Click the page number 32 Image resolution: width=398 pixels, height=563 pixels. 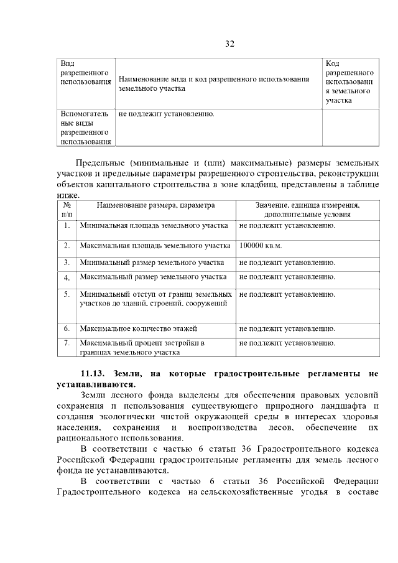pyautogui.click(x=229, y=44)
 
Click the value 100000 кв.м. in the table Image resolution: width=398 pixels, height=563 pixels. pyautogui.click(x=261, y=246)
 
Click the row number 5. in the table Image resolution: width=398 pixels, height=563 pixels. pyautogui.click(x=66, y=294)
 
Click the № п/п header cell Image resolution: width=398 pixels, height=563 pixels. pyautogui.click(x=66, y=209)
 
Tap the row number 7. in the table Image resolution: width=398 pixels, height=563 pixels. pyautogui.click(x=66, y=343)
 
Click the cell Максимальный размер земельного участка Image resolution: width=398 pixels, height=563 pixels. pyautogui.click(x=153, y=277)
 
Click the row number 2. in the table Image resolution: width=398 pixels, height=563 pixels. pyautogui.click(x=66, y=246)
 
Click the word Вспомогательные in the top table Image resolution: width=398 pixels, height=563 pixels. pyautogui.click(x=84, y=118)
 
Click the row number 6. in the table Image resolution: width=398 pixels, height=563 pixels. pyautogui.click(x=66, y=328)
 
